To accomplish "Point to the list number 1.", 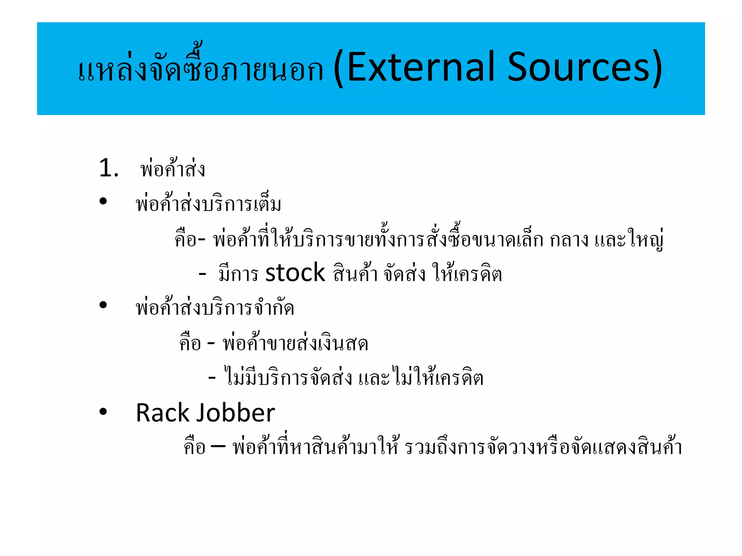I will [108, 168].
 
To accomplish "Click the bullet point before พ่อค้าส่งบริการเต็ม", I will [103, 201].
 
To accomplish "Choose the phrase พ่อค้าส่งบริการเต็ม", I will [208, 204].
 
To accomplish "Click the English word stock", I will [295, 273].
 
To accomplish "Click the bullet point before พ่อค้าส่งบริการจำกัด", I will [103, 305].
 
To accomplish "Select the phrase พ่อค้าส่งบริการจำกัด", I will [215, 308].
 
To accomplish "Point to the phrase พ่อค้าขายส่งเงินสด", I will [295, 343].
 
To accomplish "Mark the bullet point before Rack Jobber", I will [103, 411].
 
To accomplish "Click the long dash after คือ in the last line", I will [218, 446].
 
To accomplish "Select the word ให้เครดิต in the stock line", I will [467, 273].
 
